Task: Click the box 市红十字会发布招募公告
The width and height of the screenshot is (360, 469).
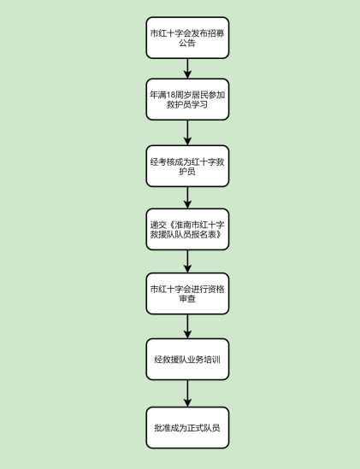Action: [x=187, y=38]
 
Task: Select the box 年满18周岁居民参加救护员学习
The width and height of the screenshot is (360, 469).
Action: [x=187, y=99]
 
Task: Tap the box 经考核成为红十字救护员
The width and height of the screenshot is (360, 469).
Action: [x=187, y=166]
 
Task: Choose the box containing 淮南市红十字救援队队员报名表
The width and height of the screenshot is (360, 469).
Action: [x=187, y=229]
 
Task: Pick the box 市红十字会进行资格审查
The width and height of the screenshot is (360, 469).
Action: [x=187, y=293]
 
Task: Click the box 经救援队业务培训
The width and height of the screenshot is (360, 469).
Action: [x=187, y=360]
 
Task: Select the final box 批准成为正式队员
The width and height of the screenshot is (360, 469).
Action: [x=187, y=427]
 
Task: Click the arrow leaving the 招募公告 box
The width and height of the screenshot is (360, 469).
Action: [x=187, y=68]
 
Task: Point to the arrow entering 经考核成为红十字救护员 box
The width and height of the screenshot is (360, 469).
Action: [x=187, y=132]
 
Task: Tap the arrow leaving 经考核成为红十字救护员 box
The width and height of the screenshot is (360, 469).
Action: [x=187, y=197]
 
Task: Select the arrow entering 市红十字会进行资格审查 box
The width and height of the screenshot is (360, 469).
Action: [x=187, y=261]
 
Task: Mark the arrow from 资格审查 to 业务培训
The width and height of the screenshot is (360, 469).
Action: [x=187, y=326]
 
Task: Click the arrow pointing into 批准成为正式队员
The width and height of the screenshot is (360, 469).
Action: [x=187, y=393]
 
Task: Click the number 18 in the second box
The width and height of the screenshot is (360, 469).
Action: [x=170, y=95]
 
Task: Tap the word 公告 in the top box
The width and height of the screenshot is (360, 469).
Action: [x=187, y=43]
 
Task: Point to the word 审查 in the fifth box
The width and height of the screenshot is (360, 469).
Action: [x=187, y=298]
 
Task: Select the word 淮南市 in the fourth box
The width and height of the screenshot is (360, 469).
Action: [x=186, y=225]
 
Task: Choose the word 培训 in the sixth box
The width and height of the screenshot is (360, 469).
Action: [x=212, y=360]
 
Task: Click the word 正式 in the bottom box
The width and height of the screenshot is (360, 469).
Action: [x=196, y=428]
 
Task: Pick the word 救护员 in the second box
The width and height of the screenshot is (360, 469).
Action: [x=179, y=105]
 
